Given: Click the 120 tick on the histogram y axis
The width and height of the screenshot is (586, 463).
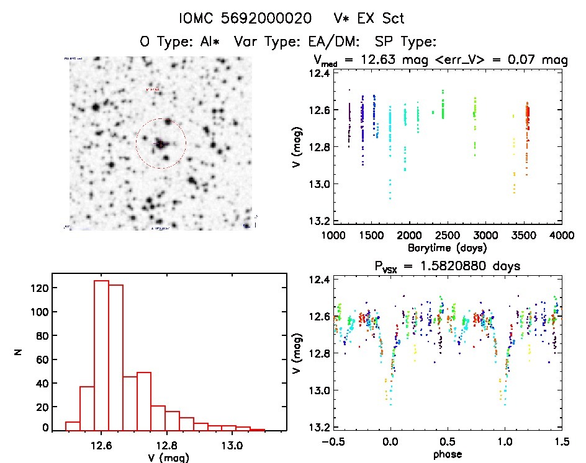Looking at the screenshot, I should tap(42, 288).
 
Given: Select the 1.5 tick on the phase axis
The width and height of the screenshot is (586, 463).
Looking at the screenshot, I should tap(561, 443).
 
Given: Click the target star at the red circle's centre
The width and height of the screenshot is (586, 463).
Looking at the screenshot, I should tap(161, 144).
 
